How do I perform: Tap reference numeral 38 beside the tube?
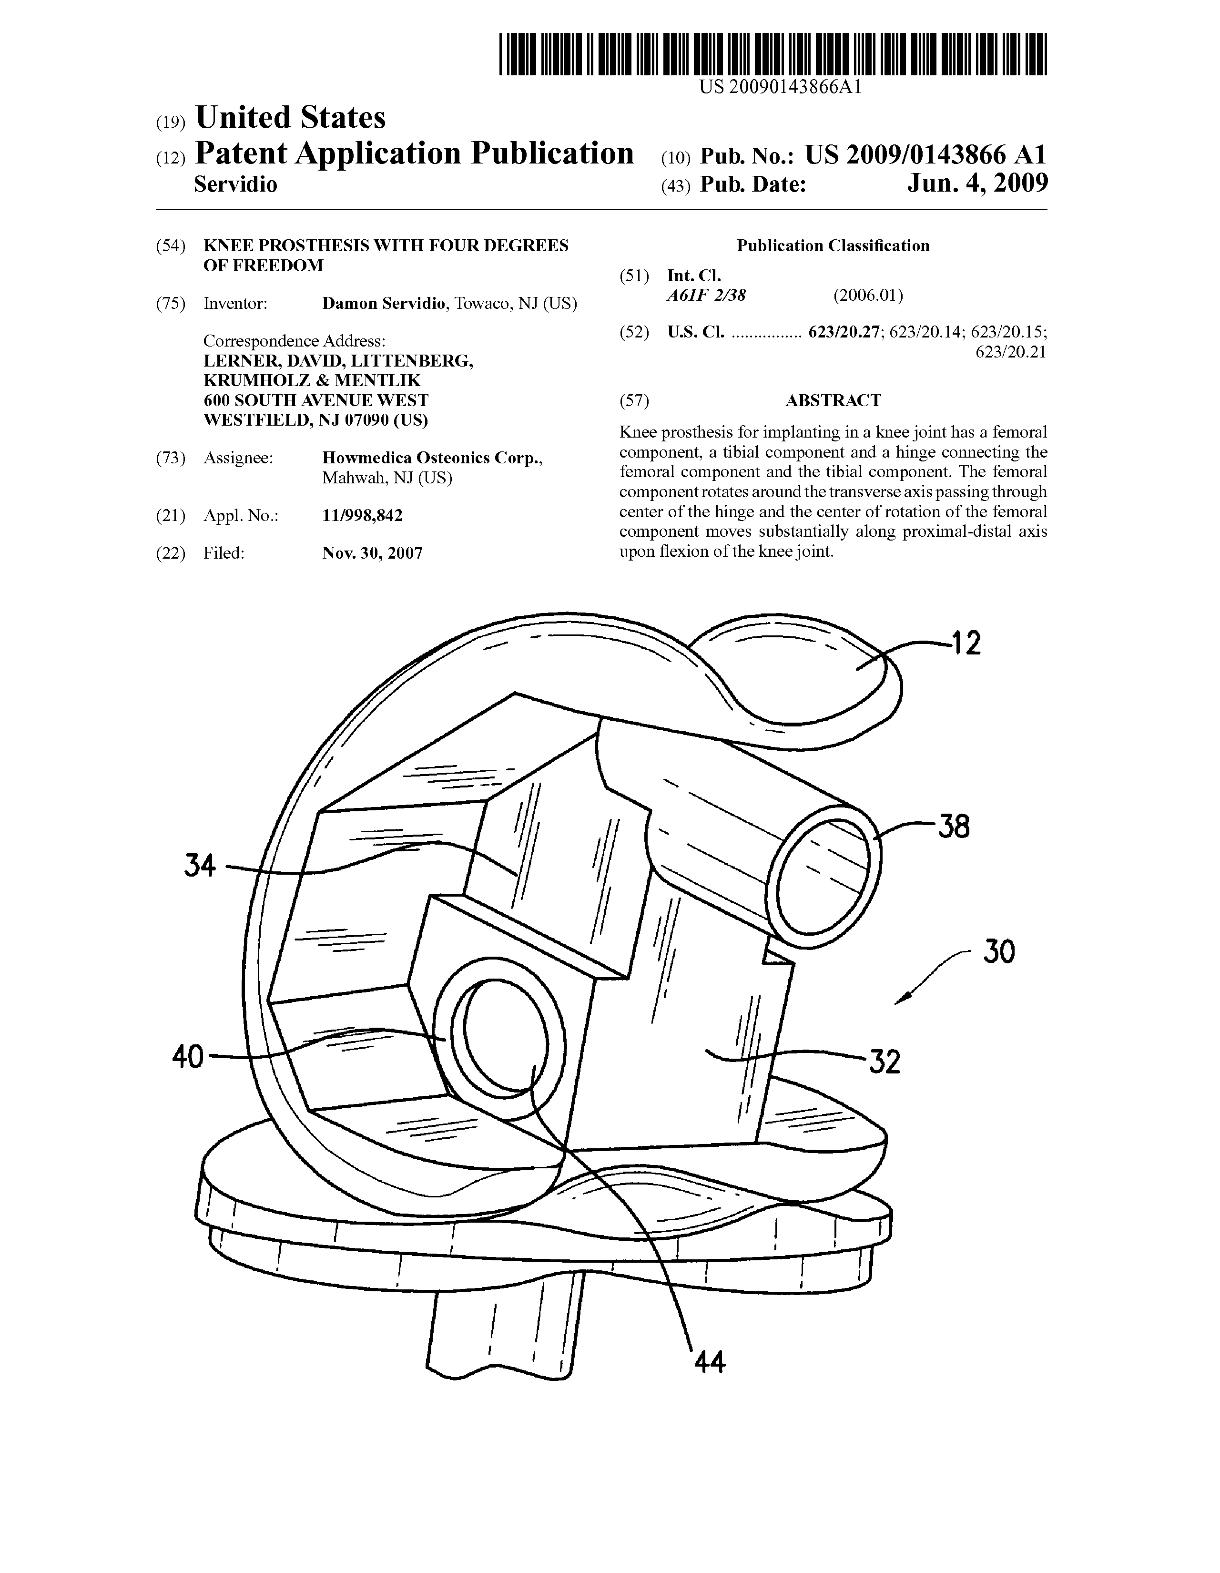coord(954,827)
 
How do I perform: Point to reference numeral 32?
coord(884,1061)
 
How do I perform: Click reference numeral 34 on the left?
coord(200,865)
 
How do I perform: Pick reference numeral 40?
coord(188,1057)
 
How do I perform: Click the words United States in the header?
coord(290,117)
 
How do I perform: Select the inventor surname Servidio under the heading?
coord(235,185)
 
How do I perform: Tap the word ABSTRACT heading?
coord(833,400)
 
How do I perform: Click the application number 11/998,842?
coord(362,516)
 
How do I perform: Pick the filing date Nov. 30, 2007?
coord(372,553)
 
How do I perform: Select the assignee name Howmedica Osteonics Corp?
coord(432,458)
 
